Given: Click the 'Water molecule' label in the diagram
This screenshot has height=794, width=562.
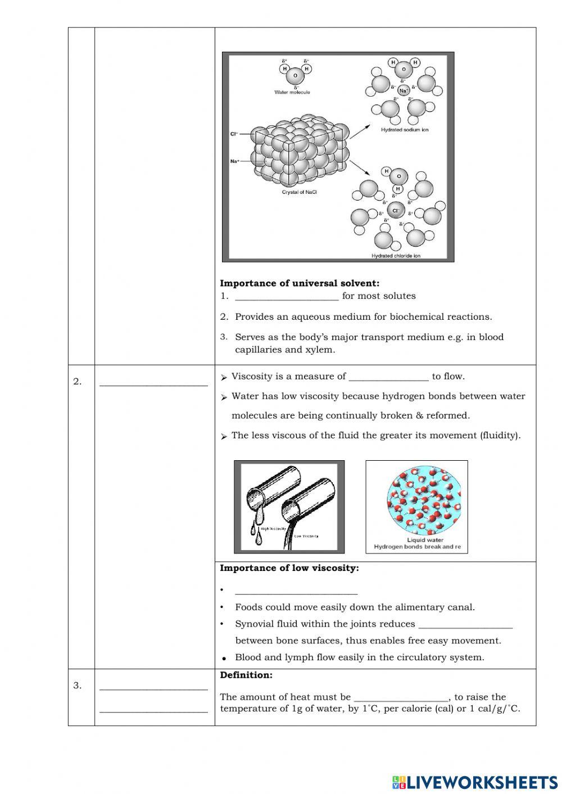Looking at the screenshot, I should [x=292, y=92].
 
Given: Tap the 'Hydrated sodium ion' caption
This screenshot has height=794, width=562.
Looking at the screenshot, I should [x=405, y=130].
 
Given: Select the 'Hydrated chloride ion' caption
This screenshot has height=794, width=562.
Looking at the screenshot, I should [x=396, y=256].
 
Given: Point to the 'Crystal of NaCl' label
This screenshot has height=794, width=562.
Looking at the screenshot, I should [x=299, y=192].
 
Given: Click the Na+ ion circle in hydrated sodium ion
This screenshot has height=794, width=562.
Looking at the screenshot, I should [x=404, y=90].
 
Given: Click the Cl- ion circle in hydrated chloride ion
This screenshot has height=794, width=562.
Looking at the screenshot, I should [x=395, y=211].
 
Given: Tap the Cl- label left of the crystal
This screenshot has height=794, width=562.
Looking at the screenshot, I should [x=234, y=134].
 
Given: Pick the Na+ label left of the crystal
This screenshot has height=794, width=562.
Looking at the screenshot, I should [x=234, y=161].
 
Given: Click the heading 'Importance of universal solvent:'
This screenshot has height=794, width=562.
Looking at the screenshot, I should [x=300, y=283].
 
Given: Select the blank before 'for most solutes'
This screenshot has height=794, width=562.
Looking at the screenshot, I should [x=287, y=297].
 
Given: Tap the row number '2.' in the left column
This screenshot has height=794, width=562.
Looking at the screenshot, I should [x=77, y=382].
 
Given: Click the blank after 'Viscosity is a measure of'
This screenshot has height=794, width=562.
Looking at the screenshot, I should [x=388, y=377].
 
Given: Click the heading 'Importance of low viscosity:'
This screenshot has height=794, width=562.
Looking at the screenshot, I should [x=289, y=568].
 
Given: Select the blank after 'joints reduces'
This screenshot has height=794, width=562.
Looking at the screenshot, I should [x=465, y=624].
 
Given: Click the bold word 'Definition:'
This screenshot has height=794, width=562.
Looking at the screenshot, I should [x=246, y=675].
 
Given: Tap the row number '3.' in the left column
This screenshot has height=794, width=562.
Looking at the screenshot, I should [x=77, y=686].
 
